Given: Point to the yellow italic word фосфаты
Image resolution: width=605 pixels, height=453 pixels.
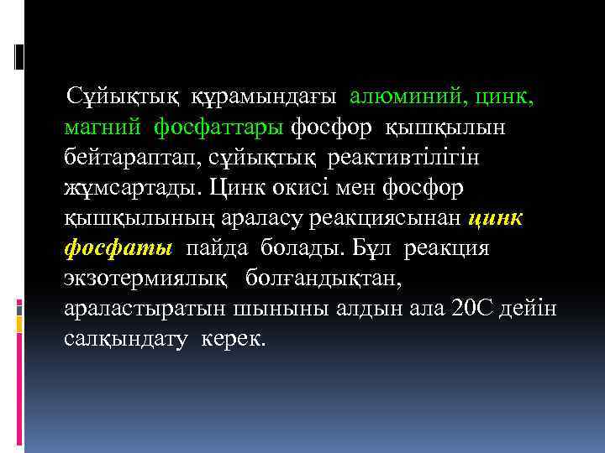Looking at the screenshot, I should [x=118, y=249].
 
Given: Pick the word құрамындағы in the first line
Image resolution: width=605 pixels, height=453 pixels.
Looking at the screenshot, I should [x=264, y=97].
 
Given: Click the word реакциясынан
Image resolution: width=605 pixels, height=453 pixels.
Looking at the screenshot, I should [x=385, y=219].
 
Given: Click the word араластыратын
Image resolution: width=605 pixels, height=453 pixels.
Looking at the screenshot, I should [x=145, y=310].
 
